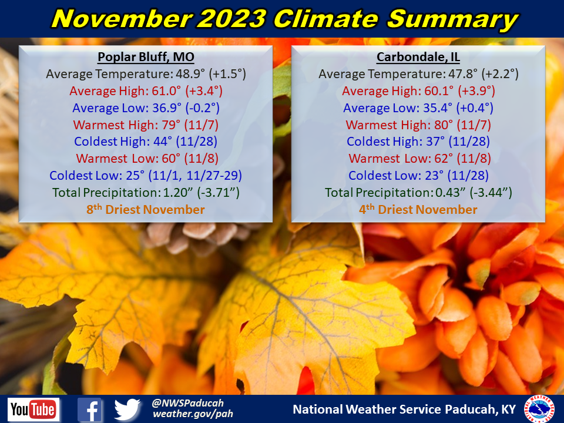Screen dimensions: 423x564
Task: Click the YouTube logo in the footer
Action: (x=33, y=409)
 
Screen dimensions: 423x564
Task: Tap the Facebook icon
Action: (x=90, y=409)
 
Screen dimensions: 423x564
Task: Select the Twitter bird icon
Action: (x=127, y=409)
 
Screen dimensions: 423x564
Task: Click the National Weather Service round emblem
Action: (x=539, y=409)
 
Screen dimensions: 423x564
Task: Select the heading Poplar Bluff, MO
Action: (x=146, y=58)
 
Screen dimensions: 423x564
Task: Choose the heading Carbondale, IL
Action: (x=418, y=58)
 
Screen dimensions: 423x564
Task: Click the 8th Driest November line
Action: (x=146, y=210)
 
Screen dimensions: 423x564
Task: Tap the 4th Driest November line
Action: (x=418, y=210)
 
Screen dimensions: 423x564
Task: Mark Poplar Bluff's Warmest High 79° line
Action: (x=146, y=125)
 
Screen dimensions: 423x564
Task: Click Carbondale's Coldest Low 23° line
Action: (x=418, y=176)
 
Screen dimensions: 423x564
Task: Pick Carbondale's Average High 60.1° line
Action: (x=418, y=91)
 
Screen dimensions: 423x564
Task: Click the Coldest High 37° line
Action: (x=418, y=142)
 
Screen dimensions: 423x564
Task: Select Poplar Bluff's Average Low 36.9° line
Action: (x=146, y=108)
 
